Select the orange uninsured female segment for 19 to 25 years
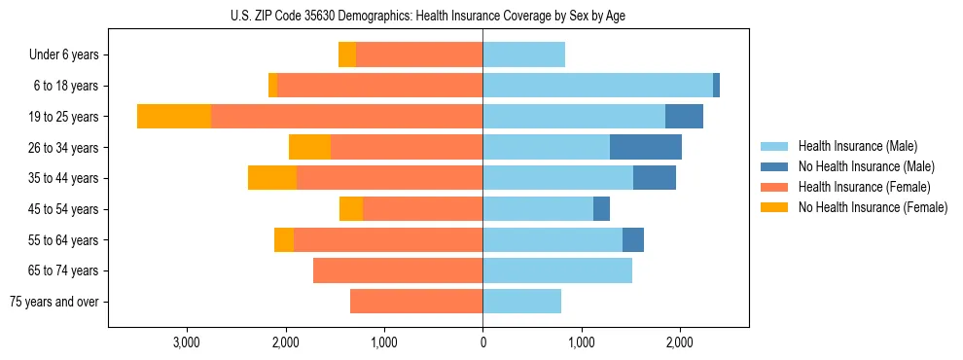[174, 117]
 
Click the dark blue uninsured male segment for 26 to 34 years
[646, 147]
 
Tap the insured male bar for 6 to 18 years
[597, 86]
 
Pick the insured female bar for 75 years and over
[416, 302]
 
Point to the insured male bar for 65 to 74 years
[557, 270]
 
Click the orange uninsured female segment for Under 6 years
[347, 54]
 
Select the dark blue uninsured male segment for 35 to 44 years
[655, 178]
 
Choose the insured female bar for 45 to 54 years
[422, 209]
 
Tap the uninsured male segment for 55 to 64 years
[633, 239]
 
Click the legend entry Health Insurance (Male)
[857, 146]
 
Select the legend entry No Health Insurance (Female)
[873, 207]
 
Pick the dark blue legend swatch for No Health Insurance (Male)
[774, 166]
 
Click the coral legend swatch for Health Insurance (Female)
[774, 187]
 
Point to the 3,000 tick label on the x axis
[186, 342]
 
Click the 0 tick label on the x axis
[482, 342]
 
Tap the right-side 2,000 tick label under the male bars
[680, 342]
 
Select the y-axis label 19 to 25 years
[64, 117]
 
